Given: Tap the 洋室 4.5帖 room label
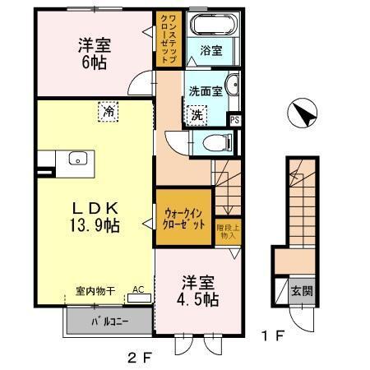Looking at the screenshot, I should [x=200, y=290].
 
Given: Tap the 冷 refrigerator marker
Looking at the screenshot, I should [x=107, y=111].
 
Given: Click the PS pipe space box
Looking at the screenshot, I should [x=236, y=120].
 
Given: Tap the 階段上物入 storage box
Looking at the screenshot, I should [x=227, y=230].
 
